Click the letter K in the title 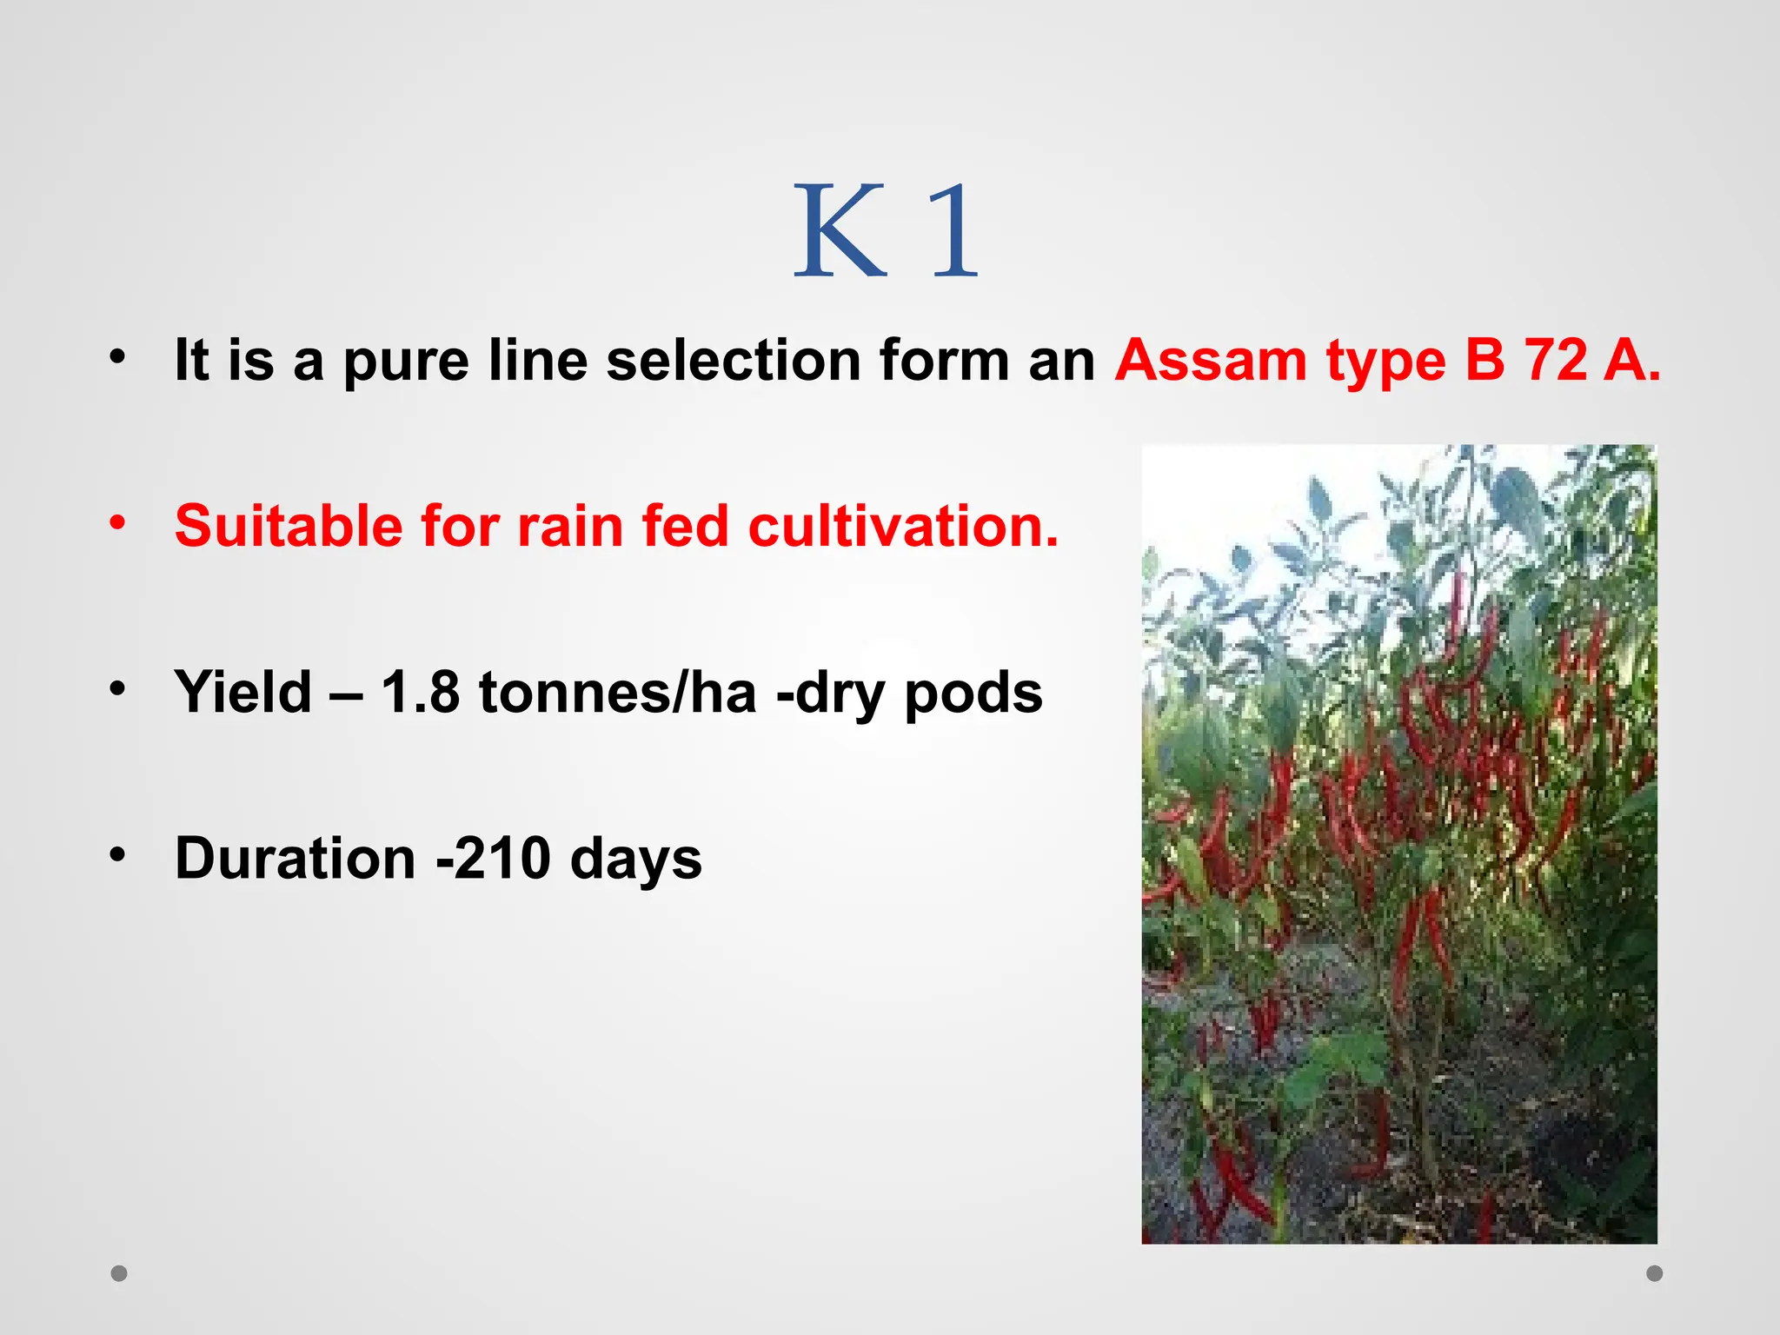(840, 231)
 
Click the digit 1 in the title (954, 231)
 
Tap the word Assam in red (1210, 360)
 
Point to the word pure (406, 362)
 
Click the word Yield (243, 693)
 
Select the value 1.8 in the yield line (420, 693)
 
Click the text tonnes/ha (617, 693)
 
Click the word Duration (295, 859)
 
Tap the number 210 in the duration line (502, 859)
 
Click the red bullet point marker (118, 522)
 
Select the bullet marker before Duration (118, 855)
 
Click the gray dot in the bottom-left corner (119, 1273)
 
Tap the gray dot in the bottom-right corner (1655, 1273)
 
